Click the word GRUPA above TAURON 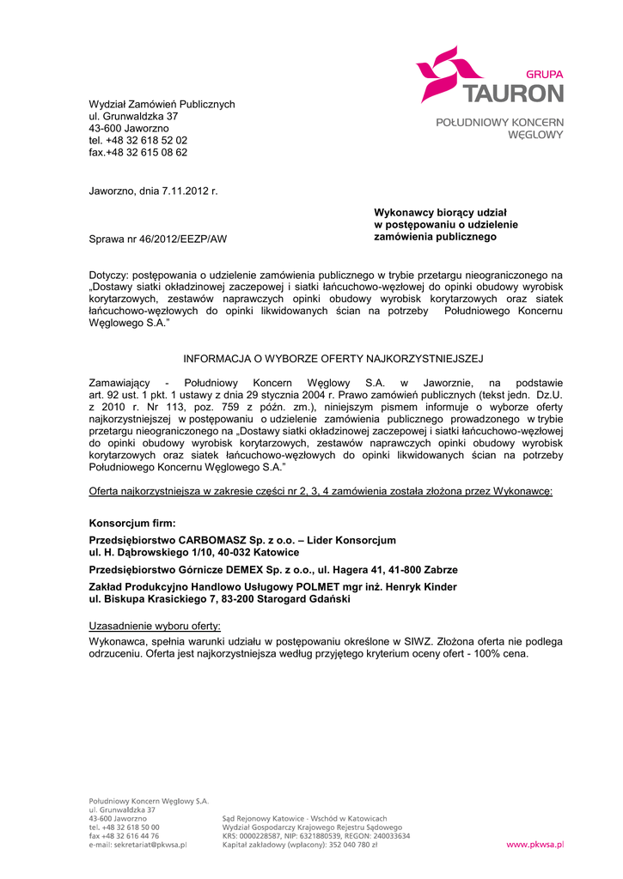point(544,75)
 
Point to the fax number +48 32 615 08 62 point(147,152)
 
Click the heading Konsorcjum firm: point(132,523)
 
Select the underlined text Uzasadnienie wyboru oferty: point(155,626)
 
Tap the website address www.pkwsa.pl point(534,845)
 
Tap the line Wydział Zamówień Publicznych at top point(162,104)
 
